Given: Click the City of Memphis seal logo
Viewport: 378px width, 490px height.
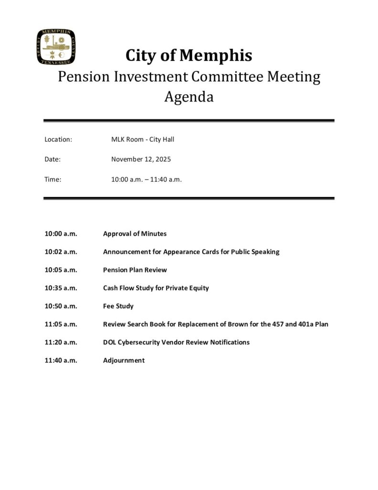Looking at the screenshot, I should [x=56, y=47].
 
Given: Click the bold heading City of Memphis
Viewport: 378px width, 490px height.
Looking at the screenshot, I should [x=189, y=56].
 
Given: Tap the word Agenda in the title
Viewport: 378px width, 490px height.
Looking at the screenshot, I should [x=189, y=98].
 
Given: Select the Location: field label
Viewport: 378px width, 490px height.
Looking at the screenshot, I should [x=58, y=139].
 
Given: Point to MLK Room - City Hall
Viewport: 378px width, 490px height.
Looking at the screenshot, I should [x=143, y=139].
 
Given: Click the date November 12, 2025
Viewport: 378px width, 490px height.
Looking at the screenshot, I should [x=141, y=159].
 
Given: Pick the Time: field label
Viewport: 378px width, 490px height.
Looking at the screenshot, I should [x=53, y=179].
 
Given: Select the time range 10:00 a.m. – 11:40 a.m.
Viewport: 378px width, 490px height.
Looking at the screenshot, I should [x=147, y=179].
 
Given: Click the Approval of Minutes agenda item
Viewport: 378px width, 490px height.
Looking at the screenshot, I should [x=135, y=234].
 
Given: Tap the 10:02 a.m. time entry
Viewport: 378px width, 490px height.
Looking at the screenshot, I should [x=61, y=252].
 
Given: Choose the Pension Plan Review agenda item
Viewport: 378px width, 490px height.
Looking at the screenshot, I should [x=135, y=270].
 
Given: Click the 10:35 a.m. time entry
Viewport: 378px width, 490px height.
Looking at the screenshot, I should [x=61, y=288].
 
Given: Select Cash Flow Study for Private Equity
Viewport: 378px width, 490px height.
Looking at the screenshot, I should [x=156, y=288].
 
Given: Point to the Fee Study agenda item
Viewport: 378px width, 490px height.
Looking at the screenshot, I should [x=118, y=306].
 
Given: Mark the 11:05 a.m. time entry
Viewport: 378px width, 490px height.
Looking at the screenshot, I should [x=61, y=324].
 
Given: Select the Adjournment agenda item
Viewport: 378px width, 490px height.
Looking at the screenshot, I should [x=124, y=360].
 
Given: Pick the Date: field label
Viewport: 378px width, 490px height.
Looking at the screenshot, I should [x=52, y=159].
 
